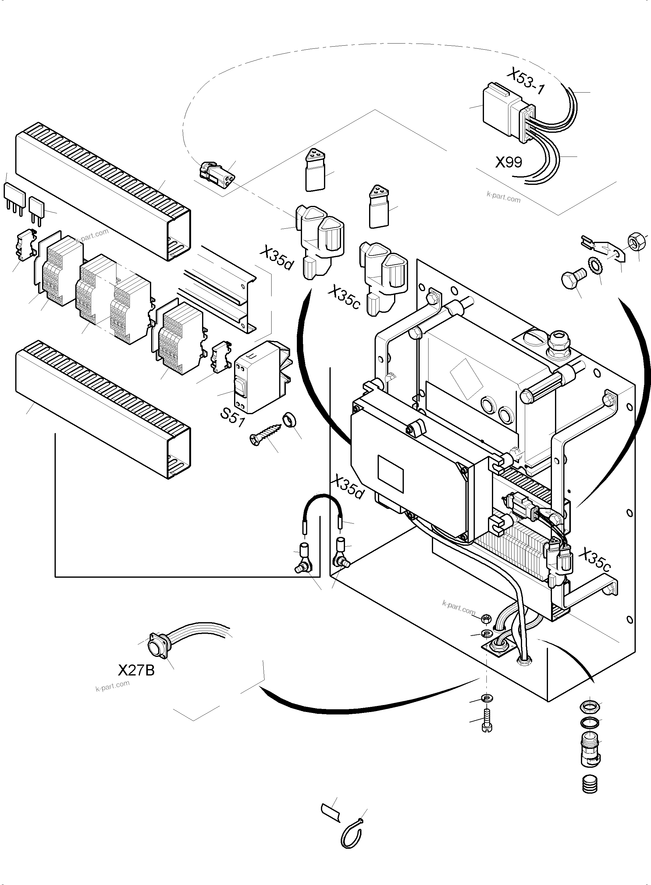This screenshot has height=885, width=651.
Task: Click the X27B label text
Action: point(136,670)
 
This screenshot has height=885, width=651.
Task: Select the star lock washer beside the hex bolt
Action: point(593,264)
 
